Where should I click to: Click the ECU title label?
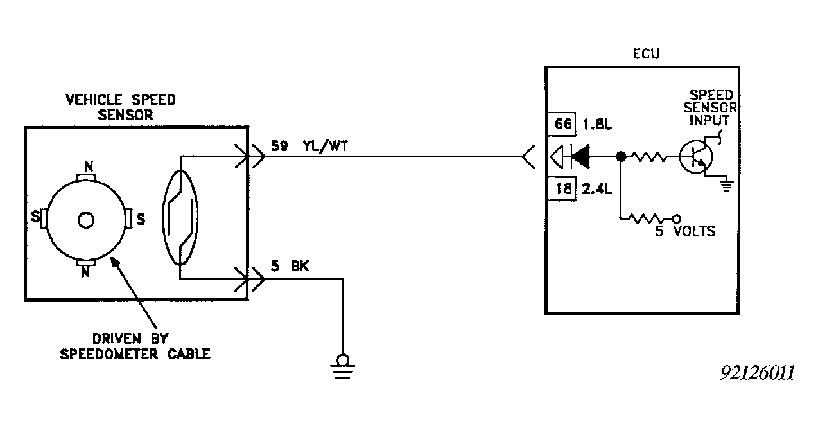(x=645, y=54)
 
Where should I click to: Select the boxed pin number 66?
(x=563, y=124)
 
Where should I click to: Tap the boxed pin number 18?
(x=563, y=188)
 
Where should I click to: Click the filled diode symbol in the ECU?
(x=581, y=156)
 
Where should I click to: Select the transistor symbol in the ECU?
(x=693, y=156)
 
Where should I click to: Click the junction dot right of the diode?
(x=620, y=156)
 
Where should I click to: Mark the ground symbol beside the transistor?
(x=727, y=186)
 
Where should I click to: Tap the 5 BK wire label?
(x=290, y=267)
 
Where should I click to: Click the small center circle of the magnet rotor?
(x=85, y=220)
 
